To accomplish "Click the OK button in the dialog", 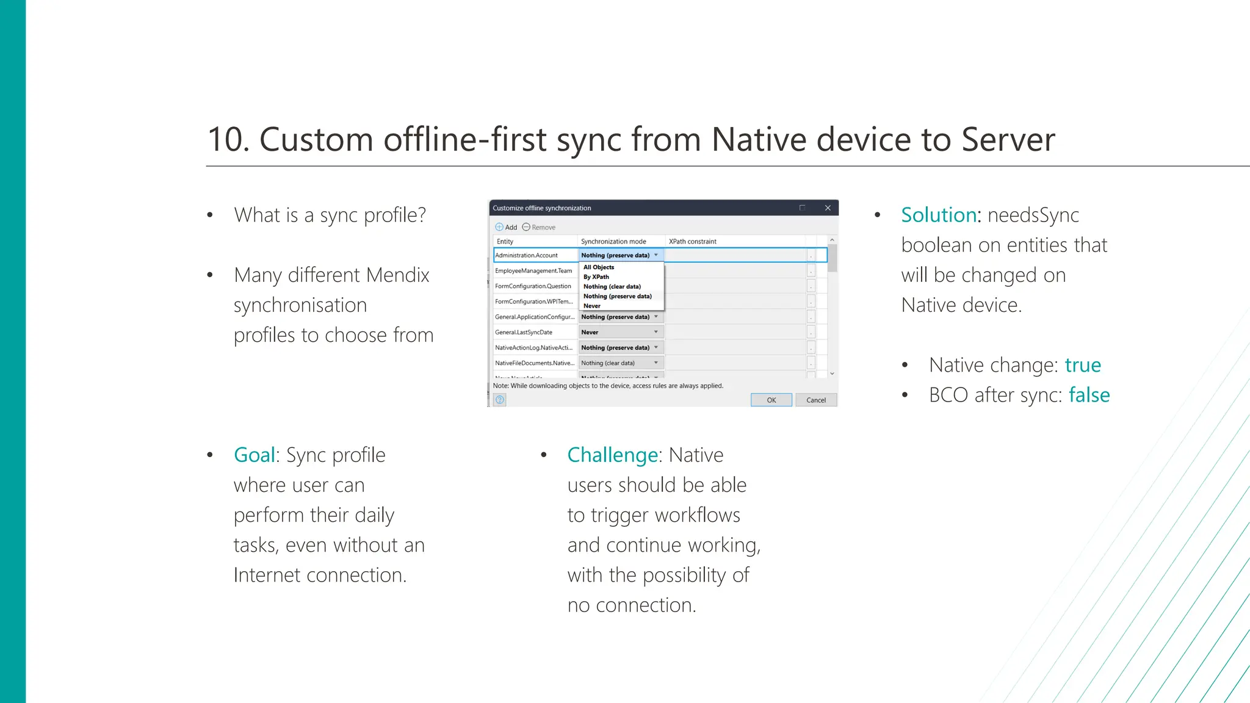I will click(x=771, y=400).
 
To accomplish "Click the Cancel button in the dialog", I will click(x=816, y=400).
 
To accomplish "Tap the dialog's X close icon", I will click(x=828, y=208).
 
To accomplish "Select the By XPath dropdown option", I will click(x=596, y=277).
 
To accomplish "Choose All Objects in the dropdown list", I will click(x=599, y=267).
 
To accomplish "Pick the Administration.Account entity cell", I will click(x=527, y=255).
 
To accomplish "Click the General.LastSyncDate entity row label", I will click(x=524, y=333).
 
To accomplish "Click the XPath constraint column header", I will click(x=693, y=242).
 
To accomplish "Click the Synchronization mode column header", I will click(x=613, y=242).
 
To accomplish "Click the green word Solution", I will click(x=939, y=215).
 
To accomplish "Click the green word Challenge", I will click(x=612, y=455).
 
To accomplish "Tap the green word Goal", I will click(x=254, y=455).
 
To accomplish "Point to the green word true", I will click(x=1083, y=366).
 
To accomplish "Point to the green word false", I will click(x=1089, y=395).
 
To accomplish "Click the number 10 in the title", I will click(x=227, y=140).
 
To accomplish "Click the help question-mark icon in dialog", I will click(x=500, y=400).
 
